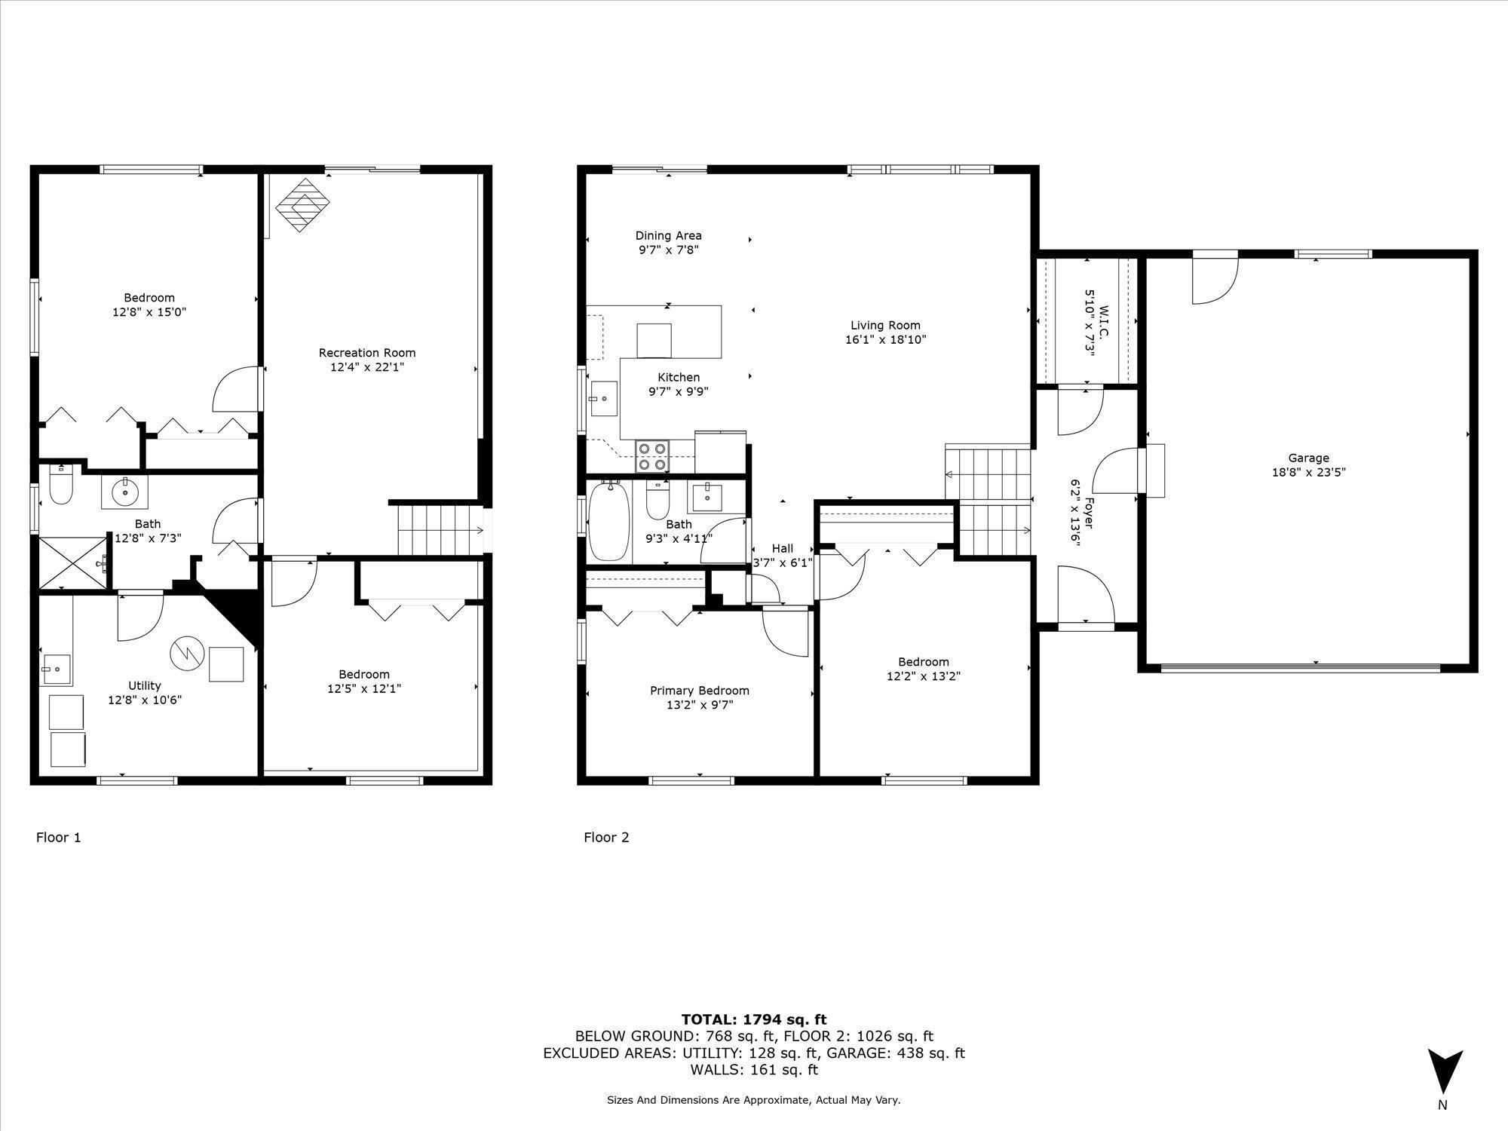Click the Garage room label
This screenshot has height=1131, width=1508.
1308,458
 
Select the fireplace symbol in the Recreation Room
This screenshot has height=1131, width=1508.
303,204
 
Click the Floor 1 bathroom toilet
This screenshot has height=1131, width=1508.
60,486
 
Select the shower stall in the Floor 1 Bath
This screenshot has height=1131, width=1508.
73,562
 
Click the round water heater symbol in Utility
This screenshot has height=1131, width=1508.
188,654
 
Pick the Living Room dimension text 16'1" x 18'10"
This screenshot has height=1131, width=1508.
885,340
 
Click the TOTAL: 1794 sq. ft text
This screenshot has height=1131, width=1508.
754,1019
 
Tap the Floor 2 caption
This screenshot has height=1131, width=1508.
606,837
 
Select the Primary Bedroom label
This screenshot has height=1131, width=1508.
699,691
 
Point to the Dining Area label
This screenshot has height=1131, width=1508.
668,235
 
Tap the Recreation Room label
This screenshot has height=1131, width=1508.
366,353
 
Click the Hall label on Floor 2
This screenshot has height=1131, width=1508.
782,548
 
